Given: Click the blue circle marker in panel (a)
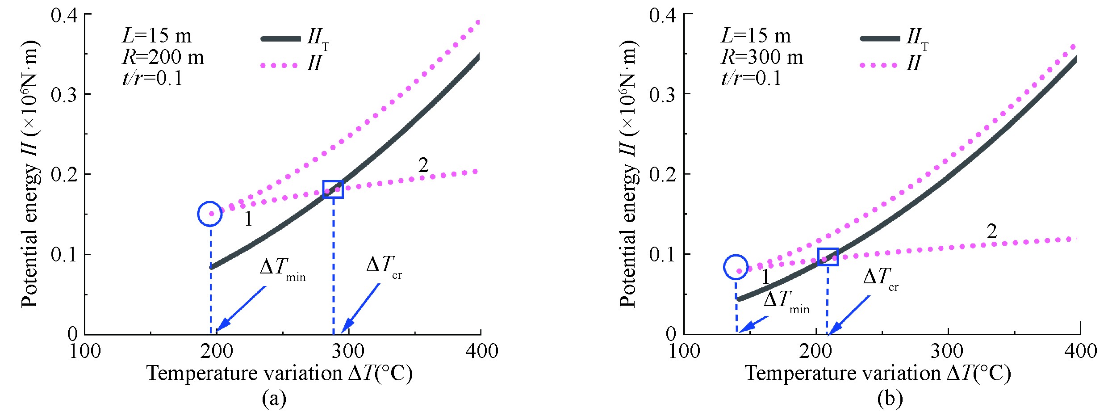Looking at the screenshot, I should [x=210, y=214].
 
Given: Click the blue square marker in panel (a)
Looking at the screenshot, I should [x=333, y=189].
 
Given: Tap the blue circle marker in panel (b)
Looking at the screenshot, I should [x=736, y=267].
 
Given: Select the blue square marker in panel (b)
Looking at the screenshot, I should [x=828, y=256].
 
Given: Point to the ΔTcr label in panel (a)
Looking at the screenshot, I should [x=383, y=266].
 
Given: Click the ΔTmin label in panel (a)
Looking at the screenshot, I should [x=282, y=269].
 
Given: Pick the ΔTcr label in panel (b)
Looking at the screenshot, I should [x=880, y=278].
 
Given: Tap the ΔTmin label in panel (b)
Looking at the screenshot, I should [x=786, y=301].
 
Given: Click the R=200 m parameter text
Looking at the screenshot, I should [x=163, y=57].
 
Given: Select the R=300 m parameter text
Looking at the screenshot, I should [x=762, y=57].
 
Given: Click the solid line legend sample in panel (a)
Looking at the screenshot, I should [x=280, y=39].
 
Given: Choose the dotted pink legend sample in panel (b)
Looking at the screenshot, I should [x=878, y=66].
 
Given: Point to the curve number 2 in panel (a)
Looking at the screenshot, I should [x=423, y=165].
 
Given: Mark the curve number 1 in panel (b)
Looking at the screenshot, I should [x=765, y=277].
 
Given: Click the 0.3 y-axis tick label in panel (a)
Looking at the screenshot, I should [x=64, y=94].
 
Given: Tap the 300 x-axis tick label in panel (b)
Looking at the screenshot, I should [x=947, y=351].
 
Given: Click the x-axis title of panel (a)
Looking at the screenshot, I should [x=280, y=373].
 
